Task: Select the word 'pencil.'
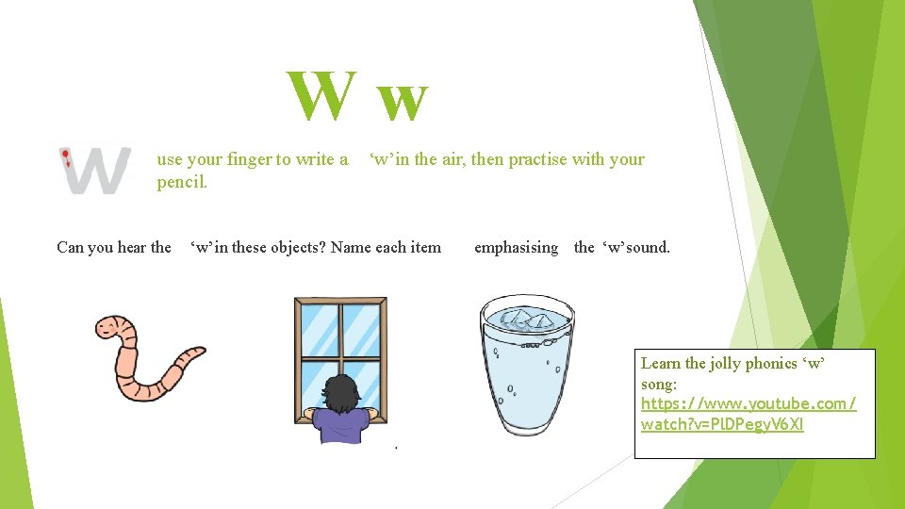pos(182,182)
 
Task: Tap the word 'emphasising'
pos(516,247)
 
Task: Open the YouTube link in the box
pos(748,414)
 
